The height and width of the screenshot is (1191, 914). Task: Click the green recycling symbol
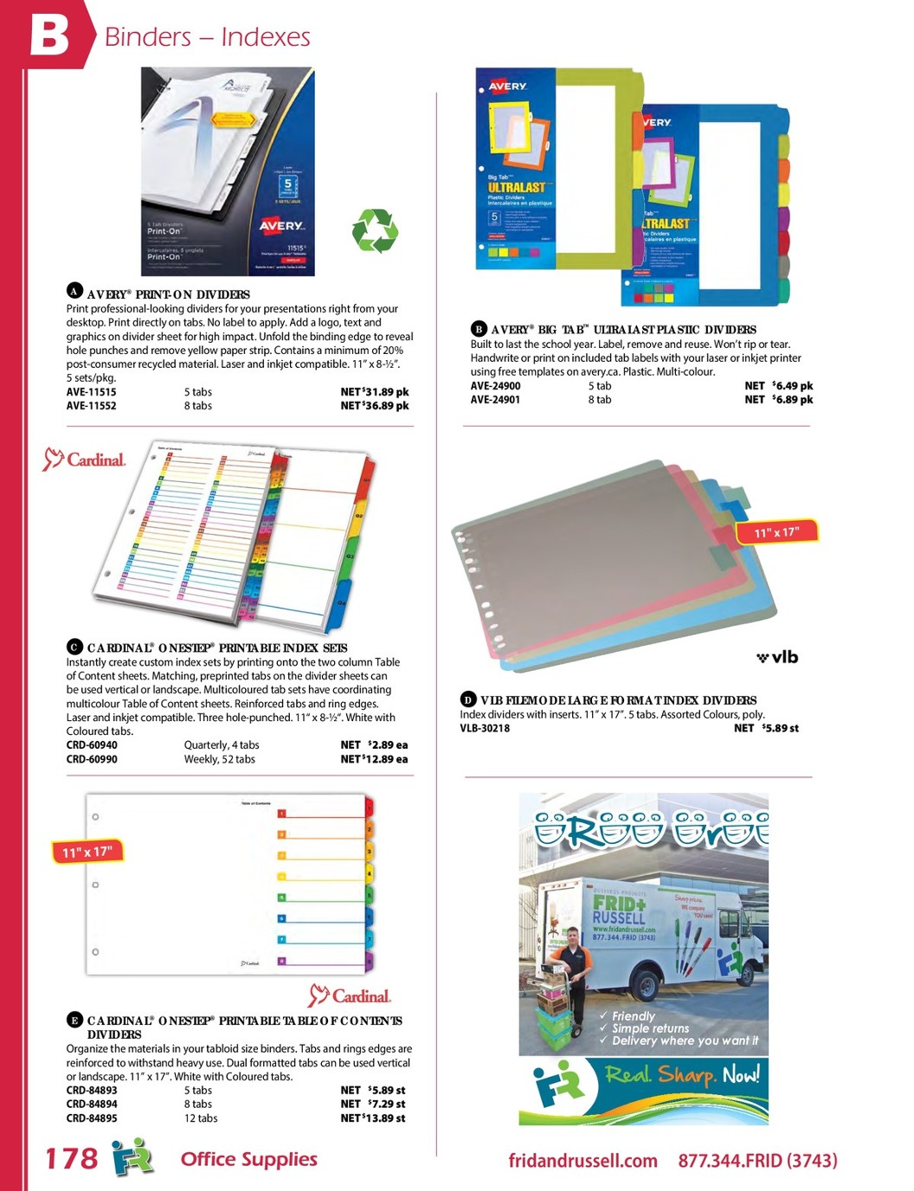(x=374, y=231)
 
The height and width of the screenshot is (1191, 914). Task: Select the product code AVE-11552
(x=91, y=406)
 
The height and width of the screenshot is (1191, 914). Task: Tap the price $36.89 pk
(x=375, y=406)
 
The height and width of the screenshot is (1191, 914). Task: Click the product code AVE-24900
(x=495, y=386)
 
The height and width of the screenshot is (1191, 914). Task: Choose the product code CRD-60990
(x=92, y=759)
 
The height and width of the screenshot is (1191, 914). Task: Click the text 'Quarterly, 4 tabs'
(x=222, y=745)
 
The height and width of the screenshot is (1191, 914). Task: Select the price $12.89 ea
(x=374, y=759)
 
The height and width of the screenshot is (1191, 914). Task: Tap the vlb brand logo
(x=777, y=657)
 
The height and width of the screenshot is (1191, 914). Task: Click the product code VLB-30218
(x=485, y=729)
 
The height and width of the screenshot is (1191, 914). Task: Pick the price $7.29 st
(x=373, y=1104)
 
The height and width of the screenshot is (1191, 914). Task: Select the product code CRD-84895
(x=92, y=1118)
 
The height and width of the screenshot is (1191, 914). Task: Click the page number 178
(x=71, y=1159)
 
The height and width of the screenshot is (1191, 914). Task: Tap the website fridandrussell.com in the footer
(x=583, y=1161)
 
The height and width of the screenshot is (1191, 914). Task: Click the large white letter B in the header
(x=49, y=35)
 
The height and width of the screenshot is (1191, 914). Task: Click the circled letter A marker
(x=74, y=291)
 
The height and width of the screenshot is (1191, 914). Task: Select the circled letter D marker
(x=467, y=699)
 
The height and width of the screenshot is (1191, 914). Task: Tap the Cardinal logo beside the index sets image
(x=85, y=459)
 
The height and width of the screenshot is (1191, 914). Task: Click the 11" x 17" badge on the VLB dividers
(x=776, y=532)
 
